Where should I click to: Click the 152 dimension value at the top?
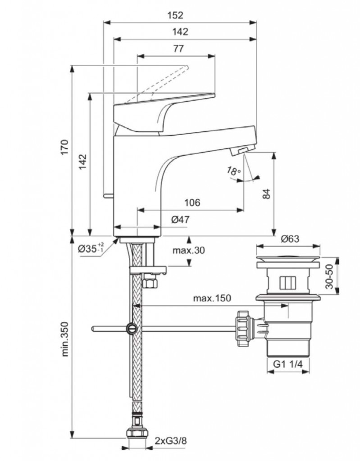click(x=178, y=14)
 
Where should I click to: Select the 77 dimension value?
click(x=178, y=49)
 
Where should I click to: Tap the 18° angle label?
click(x=233, y=171)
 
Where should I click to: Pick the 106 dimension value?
click(x=192, y=203)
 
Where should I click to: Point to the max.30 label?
click(x=188, y=250)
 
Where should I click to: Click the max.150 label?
click(x=212, y=298)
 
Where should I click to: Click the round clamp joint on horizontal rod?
click(x=132, y=328)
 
